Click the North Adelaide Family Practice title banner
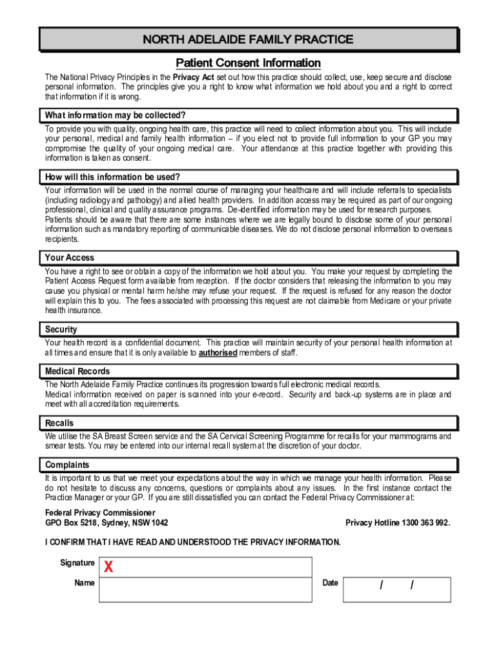[x=248, y=39]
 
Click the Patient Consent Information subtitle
[x=248, y=63]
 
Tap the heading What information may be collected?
[x=115, y=116]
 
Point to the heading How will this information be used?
[x=112, y=177]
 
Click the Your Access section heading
[x=70, y=258]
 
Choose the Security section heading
[x=61, y=329]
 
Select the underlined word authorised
[x=218, y=353]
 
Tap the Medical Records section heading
[x=77, y=371]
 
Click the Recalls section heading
[x=59, y=423]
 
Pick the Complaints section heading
[x=66, y=465]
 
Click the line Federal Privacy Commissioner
[x=100, y=513]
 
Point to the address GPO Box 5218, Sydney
[x=107, y=523]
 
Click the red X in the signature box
[x=108, y=567]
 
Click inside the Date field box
[x=396, y=589]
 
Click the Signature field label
[x=77, y=563]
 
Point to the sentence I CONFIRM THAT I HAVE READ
[x=192, y=542]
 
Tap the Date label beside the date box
[x=330, y=583]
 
